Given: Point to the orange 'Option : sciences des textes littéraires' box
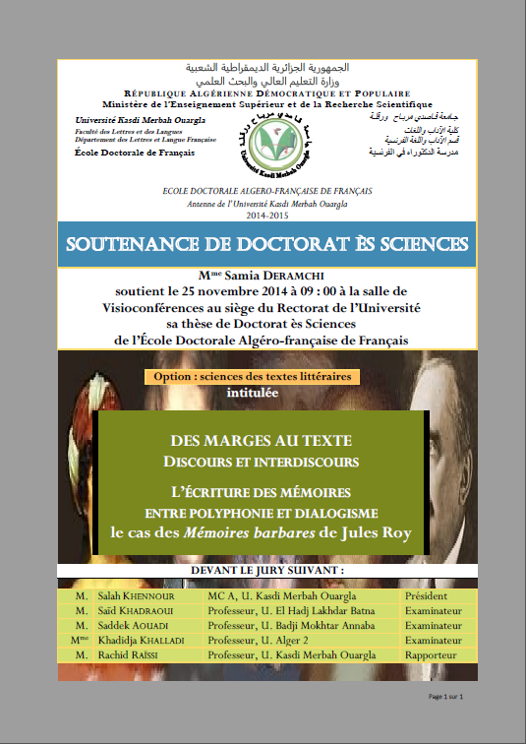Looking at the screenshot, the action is tap(252, 376).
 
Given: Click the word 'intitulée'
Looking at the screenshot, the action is tap(252, 393).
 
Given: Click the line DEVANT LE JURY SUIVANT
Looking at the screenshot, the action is tap(262, 571).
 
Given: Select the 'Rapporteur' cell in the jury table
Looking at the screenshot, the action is tap(433, 655).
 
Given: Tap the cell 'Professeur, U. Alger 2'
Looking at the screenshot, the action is tap(273, 641).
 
